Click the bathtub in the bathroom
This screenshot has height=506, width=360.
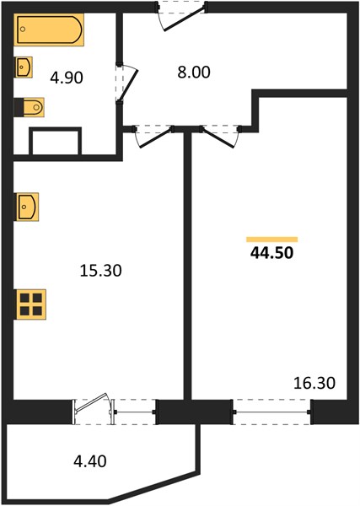click(49, 30)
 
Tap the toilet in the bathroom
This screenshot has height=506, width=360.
click(30, 107)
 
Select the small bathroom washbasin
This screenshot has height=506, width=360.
click(24, 67)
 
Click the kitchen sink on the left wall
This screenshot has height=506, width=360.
click(26, 207)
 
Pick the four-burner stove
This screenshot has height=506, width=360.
click(30, 304)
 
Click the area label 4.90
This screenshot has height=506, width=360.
click(67, 78)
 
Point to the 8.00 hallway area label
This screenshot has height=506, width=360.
click(194, 72)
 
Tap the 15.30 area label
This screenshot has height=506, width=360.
click(100, 271)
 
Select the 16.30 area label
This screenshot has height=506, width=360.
click(314, 383)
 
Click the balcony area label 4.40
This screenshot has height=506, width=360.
click(90, 461)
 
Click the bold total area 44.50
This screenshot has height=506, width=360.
click(272, 253)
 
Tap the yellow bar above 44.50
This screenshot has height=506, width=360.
click(272, 240)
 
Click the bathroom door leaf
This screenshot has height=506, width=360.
click(128, 85)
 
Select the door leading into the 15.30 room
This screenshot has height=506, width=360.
click(155, 138)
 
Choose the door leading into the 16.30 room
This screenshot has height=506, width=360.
click(218, 138)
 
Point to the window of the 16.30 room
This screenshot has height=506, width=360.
click(271, 412)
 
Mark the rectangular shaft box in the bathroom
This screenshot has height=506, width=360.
click(55, 141)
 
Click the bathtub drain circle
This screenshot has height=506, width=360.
click(23, 29)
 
